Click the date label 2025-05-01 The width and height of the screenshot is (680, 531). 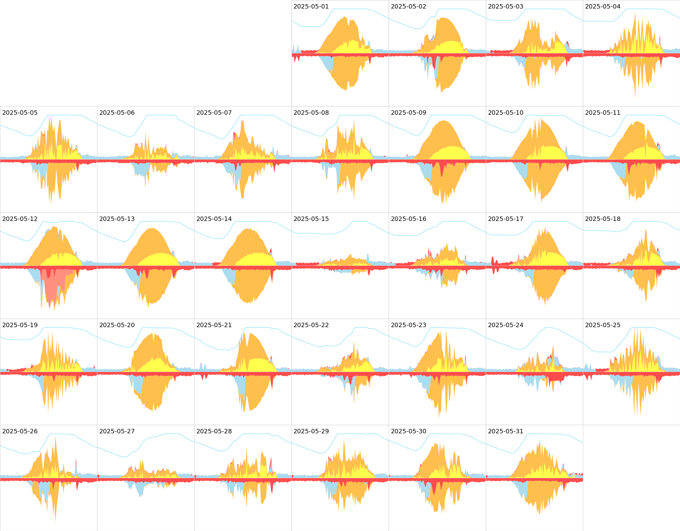tap(311, 7)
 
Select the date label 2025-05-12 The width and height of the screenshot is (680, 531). tap(20, 219)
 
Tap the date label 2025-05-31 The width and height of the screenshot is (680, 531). tap(505, 431)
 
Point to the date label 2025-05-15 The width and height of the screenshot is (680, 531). tap(311, 219)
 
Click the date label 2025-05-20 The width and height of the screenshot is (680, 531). tap(117, 325)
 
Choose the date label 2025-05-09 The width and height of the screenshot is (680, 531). tap(408, 113)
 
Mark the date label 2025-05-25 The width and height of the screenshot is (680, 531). tap(603, 325)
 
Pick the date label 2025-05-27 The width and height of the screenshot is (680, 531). tap(117, 431)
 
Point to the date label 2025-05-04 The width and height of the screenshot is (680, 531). tap(603, 7)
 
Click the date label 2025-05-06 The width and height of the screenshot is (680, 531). tap(117, 113)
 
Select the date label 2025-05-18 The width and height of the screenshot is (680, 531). tap(603, 219)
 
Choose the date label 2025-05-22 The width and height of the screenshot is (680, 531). tap(311, 325)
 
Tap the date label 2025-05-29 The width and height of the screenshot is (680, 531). tap(311, 431)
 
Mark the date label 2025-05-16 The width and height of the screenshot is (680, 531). tap(408, 219)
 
